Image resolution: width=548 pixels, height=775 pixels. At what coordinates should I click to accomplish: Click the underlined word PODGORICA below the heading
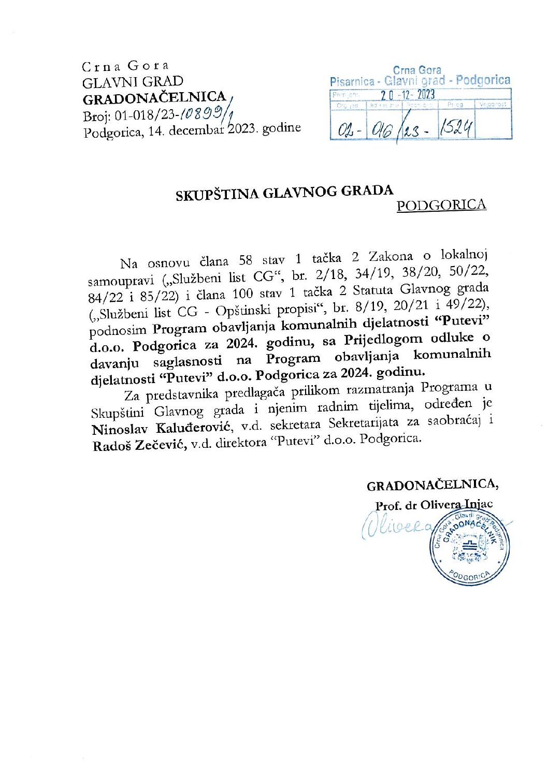click(x=441, y=205)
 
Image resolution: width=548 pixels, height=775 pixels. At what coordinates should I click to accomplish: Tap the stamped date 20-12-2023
click(x=407, y=95)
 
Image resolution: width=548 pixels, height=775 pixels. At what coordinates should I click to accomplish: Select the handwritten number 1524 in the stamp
click(x=456, y=128)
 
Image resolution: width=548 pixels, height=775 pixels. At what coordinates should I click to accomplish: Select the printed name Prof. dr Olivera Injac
click(x=434, y=505)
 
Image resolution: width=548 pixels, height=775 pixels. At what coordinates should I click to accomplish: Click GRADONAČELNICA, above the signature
click(x=432, y=485)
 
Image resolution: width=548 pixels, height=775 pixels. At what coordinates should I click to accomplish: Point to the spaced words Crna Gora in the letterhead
click(x=125, y=66)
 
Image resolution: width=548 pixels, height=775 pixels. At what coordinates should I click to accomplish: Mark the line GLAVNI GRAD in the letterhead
click(x=133, y=82)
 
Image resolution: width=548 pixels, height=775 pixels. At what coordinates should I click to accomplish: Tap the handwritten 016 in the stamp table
click(x=382, y=128)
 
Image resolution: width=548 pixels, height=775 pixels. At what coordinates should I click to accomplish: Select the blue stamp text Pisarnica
click(x=352, y=82)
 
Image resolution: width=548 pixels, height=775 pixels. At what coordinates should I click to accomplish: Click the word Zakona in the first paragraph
click(x=391, y=256)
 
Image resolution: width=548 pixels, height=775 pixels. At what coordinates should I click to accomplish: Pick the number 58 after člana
click(x=246, y=260)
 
